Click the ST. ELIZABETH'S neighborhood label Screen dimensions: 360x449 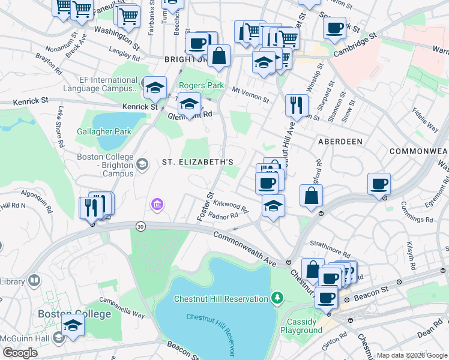(197, 163)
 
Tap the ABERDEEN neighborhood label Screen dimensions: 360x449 (337, 141)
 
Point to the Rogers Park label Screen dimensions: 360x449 (201, 86)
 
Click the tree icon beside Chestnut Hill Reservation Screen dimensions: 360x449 (277, 298)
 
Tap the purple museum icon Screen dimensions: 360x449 (157, 206)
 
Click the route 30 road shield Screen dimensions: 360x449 (140, 226)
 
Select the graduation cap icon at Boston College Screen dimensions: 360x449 (73, 326)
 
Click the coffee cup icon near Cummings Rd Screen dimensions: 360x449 (379, 184)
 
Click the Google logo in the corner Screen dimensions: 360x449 (19, 353)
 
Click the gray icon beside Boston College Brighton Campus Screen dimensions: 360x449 (143, 164)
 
